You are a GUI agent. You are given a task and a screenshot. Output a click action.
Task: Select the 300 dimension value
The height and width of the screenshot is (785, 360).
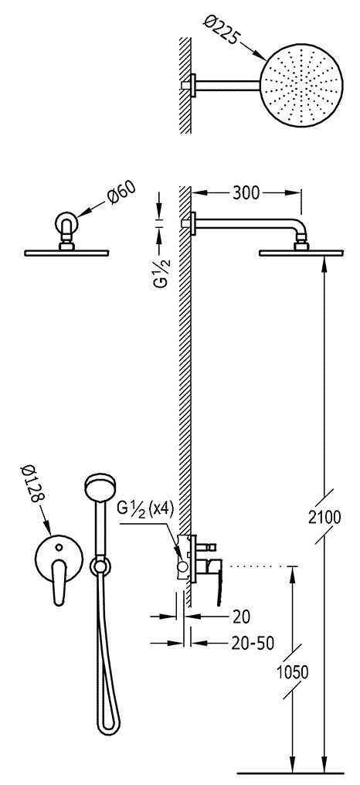click(246, 193)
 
